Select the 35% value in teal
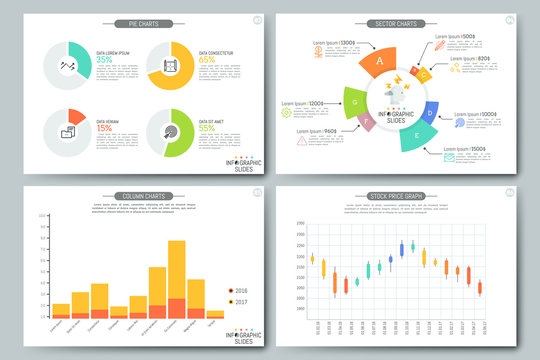pos(104,60)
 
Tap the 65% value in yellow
pos(207,60)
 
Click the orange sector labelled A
pos(379,61)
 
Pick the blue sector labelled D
pos(430,113)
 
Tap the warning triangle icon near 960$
pos(301,140)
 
